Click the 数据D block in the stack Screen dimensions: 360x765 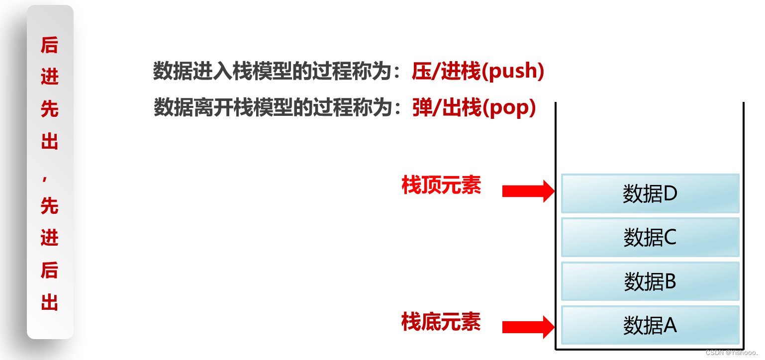[x=650, y=193]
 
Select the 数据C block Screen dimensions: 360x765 [x=650, y=238]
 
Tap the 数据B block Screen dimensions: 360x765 [x=650, y=281]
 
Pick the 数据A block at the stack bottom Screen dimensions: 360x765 [x=650, y=326]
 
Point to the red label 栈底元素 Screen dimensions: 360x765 [x=441, y=322]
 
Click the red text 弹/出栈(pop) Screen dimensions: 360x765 [x=474, y=108]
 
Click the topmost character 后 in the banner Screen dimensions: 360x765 [x=50, y=45]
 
